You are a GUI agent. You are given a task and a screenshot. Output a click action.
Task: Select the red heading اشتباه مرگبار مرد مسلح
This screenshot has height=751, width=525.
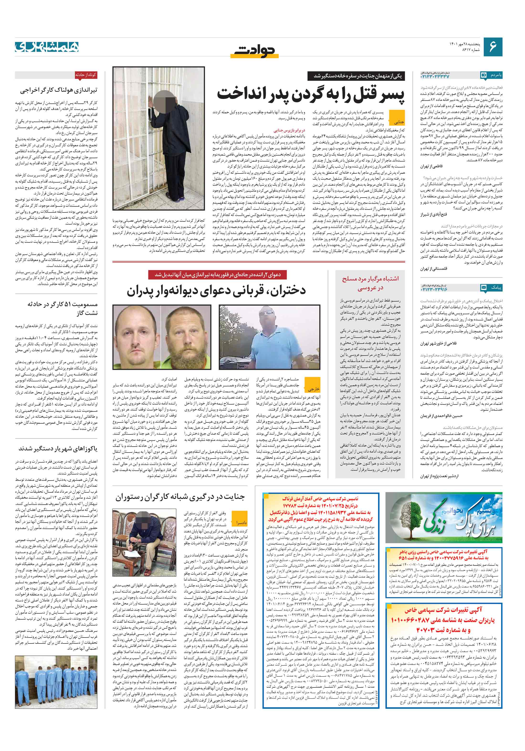point(370,279)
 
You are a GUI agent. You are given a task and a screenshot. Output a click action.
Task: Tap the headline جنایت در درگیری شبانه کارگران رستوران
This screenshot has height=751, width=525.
point(180,497)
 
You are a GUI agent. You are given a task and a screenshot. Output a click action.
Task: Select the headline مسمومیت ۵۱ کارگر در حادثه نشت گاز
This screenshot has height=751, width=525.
point(62,308)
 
